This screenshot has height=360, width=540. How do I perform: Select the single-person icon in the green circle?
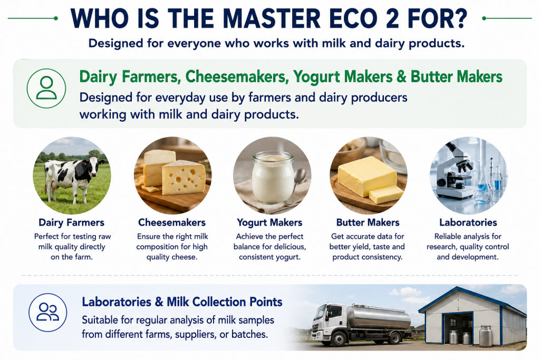point(46,88)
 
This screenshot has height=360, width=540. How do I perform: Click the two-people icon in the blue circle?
point(47,312)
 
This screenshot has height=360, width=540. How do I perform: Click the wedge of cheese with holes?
point(184,177)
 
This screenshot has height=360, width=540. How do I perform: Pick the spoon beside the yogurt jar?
point(296,186)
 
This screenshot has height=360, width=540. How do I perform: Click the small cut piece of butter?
point(386,194)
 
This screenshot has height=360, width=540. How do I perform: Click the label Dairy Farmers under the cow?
point(71,222)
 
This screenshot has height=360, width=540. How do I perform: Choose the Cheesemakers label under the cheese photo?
point(172,222)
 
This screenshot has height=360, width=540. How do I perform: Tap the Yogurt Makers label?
point(269,222)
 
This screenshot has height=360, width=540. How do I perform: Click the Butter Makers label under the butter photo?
point(368,222)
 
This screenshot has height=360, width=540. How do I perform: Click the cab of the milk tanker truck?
point(329,318)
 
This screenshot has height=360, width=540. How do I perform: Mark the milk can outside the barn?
point(486,336)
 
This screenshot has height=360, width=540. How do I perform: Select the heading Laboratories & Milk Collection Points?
point(182,302)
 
